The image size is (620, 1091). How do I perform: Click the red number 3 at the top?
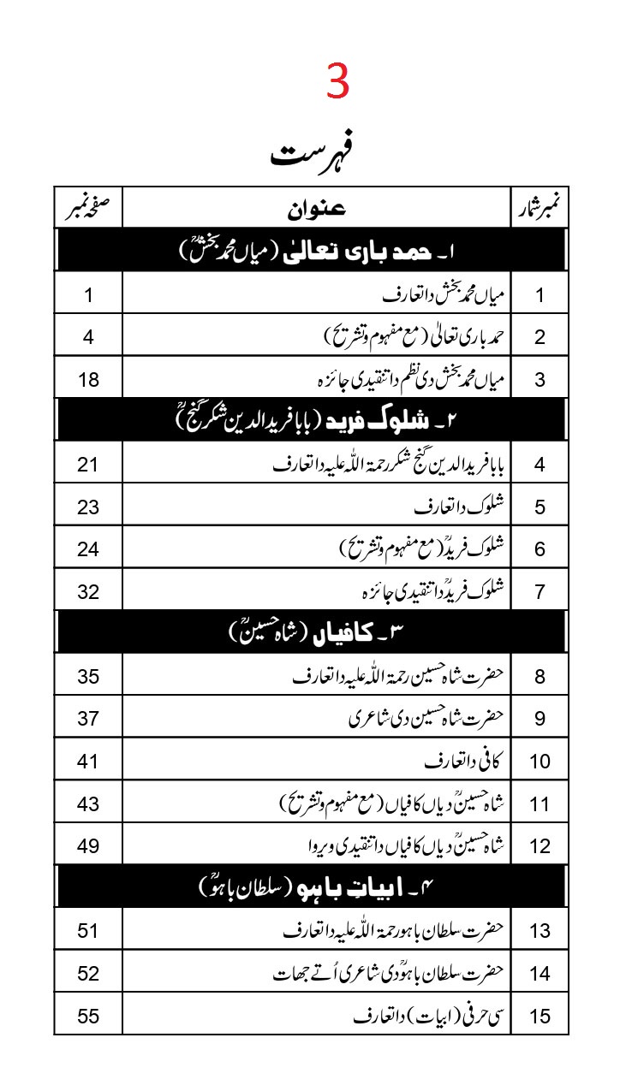[x=338, y=84]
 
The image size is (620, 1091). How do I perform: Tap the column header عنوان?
[x=316, y=208]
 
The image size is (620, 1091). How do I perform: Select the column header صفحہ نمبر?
[x=88, y=207]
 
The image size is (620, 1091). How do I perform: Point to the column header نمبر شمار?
[x=540, y=208]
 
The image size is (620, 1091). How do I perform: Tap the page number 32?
[x=88, y=591]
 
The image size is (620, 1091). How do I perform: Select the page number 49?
[x=88, y=845]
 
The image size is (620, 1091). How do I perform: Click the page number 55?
[x=88, y=1016]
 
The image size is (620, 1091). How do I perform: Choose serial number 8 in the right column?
[x=540, y=677]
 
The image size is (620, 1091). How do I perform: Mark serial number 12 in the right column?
[x=540, y=846]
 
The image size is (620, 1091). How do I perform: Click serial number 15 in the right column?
[x=540, y=1017]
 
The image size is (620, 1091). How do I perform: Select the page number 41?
[x=88, y=761]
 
